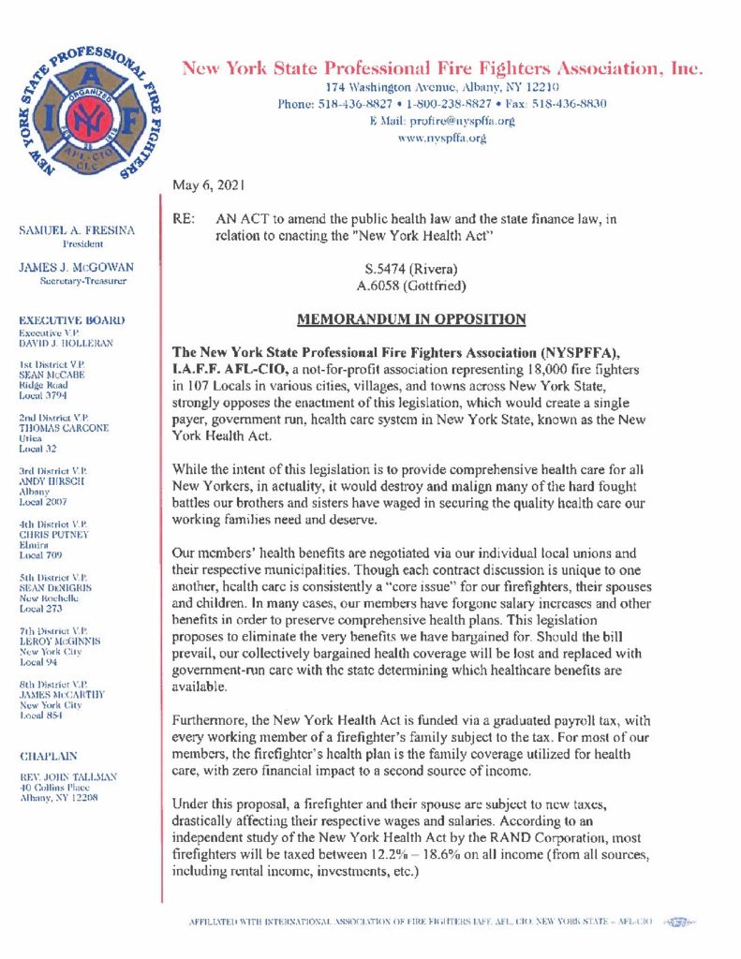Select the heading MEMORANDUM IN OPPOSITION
click(x=411, y=319)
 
